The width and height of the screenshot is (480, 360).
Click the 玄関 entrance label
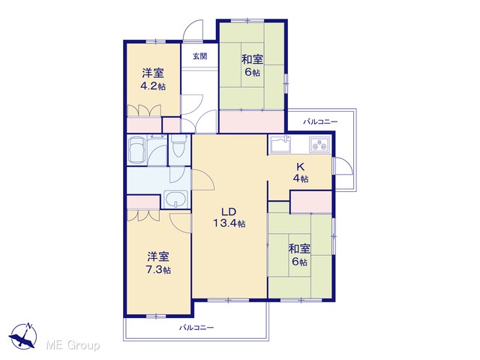[200, 56]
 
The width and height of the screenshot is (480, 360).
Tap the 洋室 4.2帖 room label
[153, 79]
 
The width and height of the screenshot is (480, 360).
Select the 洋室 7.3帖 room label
[158, 263]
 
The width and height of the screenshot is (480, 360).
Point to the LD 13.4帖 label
[229, 217]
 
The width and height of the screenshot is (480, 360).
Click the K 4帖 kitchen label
[301, 172]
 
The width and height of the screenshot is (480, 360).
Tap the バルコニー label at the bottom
[196, 328]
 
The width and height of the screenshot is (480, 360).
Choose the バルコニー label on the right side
[320, 121]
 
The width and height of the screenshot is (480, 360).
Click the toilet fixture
[178, 145]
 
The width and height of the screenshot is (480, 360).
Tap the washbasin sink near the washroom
[175, 199]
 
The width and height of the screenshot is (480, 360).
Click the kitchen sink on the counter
[280, 145]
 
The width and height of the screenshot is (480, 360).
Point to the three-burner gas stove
[320, 145]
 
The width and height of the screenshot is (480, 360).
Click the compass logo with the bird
[23, 336]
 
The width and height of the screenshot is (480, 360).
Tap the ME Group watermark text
[73, 346]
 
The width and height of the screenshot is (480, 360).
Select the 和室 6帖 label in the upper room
[252, 65]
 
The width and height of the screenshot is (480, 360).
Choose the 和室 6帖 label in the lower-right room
[299, 255]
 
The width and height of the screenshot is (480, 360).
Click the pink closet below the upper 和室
[252, 121]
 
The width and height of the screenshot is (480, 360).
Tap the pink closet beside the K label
[311, 202]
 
